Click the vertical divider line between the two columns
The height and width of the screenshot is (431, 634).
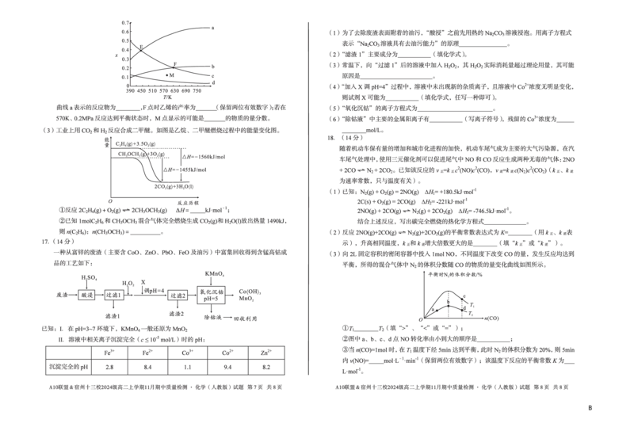(307, 198)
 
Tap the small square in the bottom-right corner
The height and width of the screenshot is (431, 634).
(589, 406)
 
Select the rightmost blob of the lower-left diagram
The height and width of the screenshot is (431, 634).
(250, 298)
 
